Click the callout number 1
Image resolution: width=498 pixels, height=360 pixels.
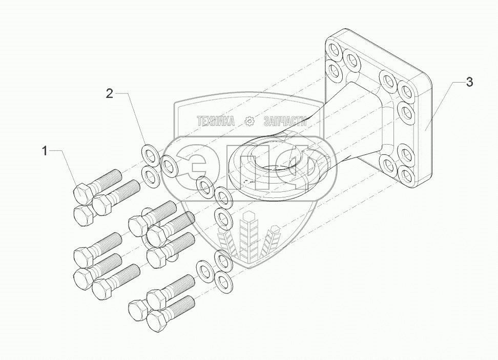coord(45,151)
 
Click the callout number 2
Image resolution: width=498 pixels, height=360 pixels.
coord(109,93)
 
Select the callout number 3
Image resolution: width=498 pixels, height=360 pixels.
coord(469,83)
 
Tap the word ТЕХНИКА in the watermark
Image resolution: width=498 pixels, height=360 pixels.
coord(216,121)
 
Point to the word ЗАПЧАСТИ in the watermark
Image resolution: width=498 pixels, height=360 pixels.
coord(284,121)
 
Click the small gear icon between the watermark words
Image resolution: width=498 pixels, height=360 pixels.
coord(250,121)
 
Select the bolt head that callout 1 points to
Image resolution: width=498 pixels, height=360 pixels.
coord(82,194)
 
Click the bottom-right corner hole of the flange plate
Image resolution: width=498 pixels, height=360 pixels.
coord(407,175)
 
